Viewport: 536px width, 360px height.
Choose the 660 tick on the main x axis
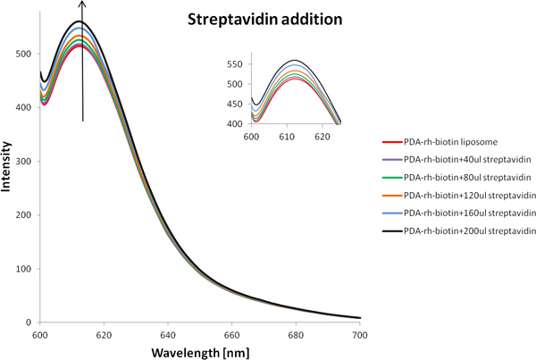click(231, 333)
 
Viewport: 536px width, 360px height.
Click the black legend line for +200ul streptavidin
click(390, 229)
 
